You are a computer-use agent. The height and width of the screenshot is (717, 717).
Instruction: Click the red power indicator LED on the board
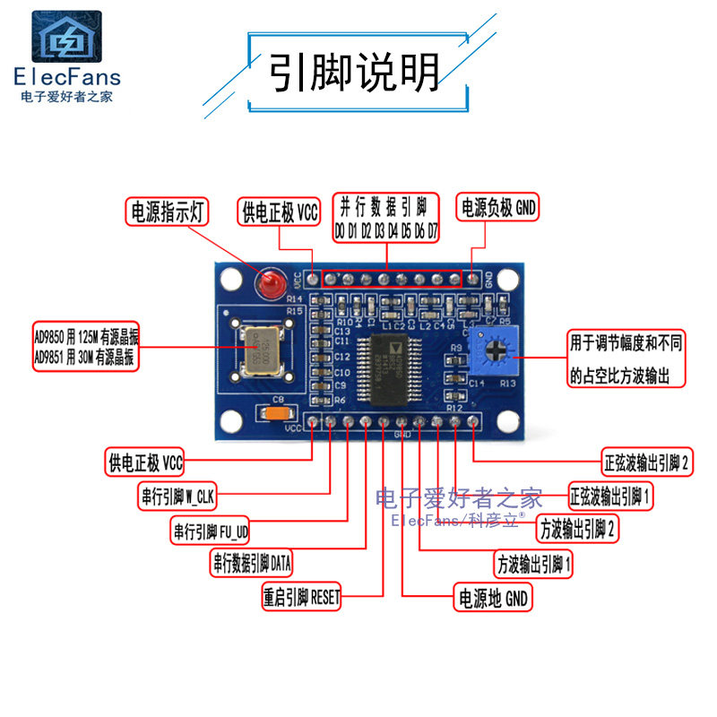click(x=267, y=286)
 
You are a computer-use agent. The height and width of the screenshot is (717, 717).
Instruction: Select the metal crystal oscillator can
click(x=260, y=352)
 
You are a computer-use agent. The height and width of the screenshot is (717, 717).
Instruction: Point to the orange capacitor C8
click(x=276, y=413)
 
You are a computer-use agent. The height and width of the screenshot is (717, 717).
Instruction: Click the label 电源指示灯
click(x=168, y=212)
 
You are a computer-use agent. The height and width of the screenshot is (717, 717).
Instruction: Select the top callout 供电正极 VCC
click(x=280, y=212)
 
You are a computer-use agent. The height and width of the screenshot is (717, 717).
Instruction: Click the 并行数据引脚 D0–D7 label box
click(x=387, y=217)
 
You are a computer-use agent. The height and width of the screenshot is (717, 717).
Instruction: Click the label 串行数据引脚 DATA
click(x=252, y=563)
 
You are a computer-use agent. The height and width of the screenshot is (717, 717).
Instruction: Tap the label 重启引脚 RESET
click(x=302, y=597)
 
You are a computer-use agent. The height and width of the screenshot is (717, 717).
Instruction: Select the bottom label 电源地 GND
click(x=493, y=597)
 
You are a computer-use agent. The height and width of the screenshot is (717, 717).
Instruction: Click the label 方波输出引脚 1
click(x=533, y=565)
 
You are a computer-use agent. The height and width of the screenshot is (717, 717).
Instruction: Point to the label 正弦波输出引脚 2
click(x=645, y=462)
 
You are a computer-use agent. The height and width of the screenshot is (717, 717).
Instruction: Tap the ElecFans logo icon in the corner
click(x=67, y=37)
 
